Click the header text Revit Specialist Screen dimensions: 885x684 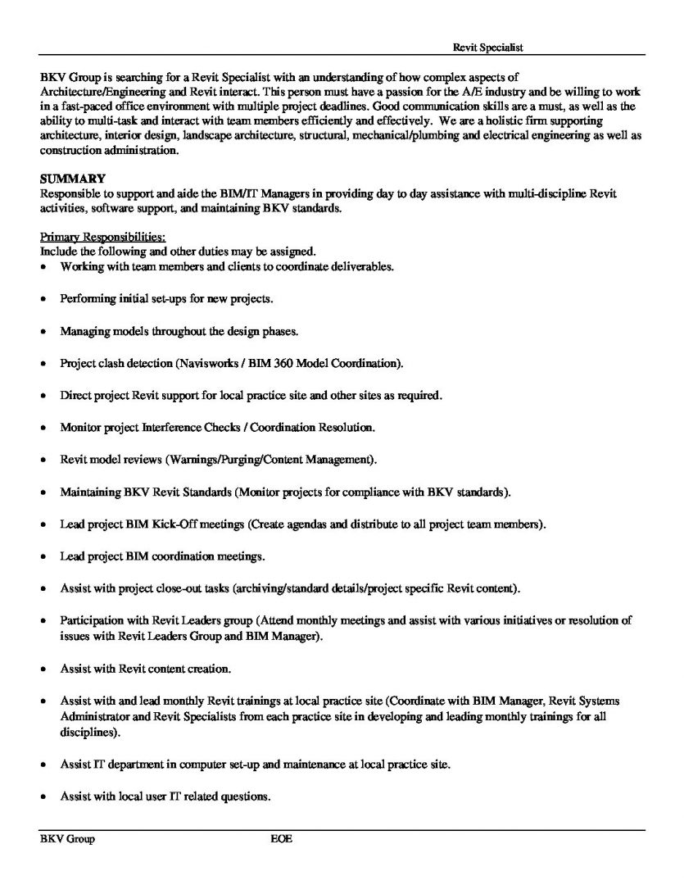click(488, 48)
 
